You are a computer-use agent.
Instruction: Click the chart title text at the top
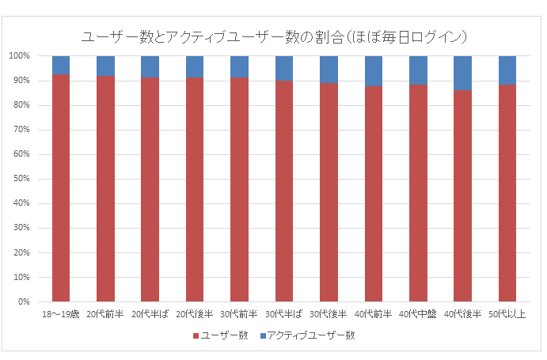274,36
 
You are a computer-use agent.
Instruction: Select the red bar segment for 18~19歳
61,188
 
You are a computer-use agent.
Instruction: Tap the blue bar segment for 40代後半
463,73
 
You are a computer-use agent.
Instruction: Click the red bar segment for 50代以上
507,193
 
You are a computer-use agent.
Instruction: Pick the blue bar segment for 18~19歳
61,65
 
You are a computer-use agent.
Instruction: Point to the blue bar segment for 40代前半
374,71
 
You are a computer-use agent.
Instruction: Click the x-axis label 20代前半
105,314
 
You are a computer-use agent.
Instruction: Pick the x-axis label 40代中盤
418,314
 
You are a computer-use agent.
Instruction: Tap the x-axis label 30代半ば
284,314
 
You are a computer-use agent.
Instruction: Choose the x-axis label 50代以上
507,314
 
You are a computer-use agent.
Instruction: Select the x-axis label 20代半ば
150,314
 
